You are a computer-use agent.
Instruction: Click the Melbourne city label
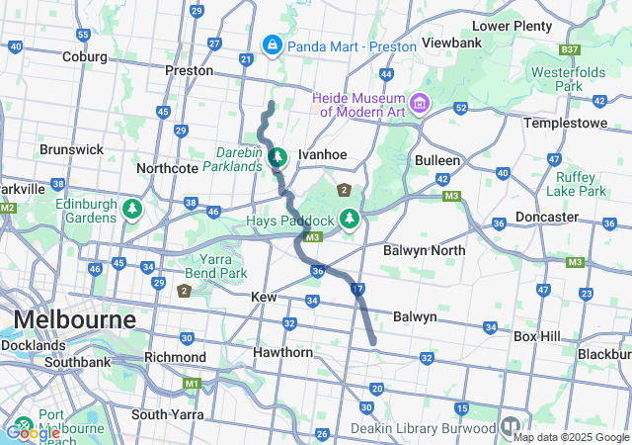(x=74, y=320)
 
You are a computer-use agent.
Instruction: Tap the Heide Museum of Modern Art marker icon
(x=420, y=103)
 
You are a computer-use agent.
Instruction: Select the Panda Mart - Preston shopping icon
(x=272, y=45)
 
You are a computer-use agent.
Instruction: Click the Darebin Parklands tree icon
(x=278, y=156)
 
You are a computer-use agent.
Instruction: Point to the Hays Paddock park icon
(x=348, y=218)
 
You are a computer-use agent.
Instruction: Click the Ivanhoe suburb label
(x=322, y=155)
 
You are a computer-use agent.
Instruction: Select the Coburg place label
(x=84, y=56)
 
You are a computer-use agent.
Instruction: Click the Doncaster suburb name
(x=546, y=217)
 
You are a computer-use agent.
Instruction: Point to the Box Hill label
(x=536, y=336)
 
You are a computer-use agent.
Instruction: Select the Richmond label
(x=175, y=357)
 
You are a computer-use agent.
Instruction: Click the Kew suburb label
(x=264, y=297)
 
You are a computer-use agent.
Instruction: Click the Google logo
(x=33, y=432)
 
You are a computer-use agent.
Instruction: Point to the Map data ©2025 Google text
(x=571, y=437)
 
